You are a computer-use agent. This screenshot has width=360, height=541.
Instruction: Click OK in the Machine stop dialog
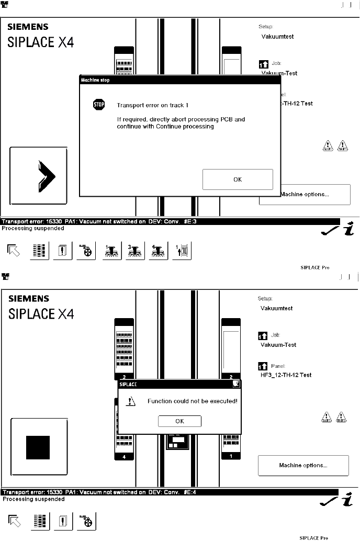coord(238,179)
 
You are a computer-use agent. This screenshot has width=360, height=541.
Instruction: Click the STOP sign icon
coord(99,105)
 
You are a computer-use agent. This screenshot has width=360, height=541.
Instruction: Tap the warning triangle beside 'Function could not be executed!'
coord(131,401)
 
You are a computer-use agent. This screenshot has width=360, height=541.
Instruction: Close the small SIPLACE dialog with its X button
coord(237,384)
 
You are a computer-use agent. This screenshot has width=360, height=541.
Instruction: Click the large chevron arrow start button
coord(39,175)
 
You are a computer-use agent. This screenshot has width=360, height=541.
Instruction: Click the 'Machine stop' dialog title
coord(95,80)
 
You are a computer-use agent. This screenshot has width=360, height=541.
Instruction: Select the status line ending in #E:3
coord(99,221)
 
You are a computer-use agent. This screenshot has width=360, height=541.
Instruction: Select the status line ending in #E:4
coord(99,492)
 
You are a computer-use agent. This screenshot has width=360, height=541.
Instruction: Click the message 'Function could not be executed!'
coord(193,401)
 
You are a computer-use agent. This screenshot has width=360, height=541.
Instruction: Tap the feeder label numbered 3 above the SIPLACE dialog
coord(124,377)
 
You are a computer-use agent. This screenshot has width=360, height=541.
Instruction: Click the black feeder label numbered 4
coord(124,457)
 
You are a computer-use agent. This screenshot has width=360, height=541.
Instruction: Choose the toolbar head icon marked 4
coord(156,251)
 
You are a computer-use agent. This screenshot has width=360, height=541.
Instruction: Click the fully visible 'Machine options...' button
coord(303,465)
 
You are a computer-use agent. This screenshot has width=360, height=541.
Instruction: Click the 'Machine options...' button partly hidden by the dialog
coord(314,195)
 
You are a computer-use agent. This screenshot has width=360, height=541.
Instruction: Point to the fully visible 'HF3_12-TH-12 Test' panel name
coord(286,375)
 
